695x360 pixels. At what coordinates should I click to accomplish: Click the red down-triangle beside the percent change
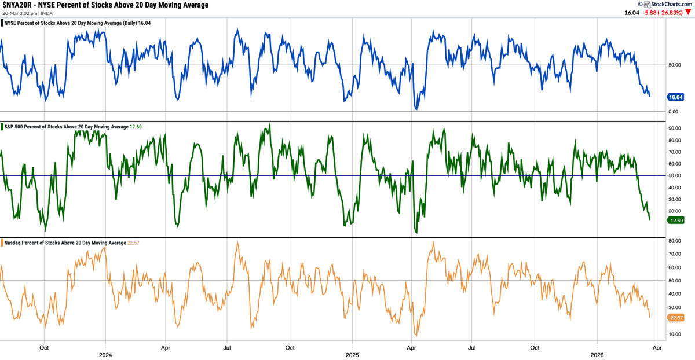click(688, 12)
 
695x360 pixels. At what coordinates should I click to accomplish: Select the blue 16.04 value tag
click(675, 97)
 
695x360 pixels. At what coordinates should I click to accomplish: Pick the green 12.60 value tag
click(676, 221)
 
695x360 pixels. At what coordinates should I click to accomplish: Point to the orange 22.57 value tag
click(676, 318)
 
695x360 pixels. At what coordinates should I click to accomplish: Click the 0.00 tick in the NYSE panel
click(673, 112)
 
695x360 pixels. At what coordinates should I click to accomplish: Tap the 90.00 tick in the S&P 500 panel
click(675, 128)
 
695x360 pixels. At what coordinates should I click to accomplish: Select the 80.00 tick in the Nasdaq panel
click(675, 241)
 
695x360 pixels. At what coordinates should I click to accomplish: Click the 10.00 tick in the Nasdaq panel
click(675, 335)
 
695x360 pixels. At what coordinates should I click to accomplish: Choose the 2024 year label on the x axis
click(105, 355)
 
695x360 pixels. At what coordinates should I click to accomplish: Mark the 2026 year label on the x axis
click(597, 355)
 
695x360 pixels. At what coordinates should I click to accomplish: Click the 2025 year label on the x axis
click(352, 355)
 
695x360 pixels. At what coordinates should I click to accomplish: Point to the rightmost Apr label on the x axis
click(657, 348)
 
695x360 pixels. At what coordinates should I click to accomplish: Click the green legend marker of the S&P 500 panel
click(2, 127)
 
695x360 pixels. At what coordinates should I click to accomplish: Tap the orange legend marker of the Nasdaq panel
click(2, 243)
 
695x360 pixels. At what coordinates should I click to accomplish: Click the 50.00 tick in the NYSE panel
click(675, 65)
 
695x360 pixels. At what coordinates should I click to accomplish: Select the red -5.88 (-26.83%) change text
click(663, 13)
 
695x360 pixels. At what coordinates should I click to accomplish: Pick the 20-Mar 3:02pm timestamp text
click(20, 13)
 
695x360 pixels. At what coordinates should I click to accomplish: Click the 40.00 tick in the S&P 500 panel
click(675, 188)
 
